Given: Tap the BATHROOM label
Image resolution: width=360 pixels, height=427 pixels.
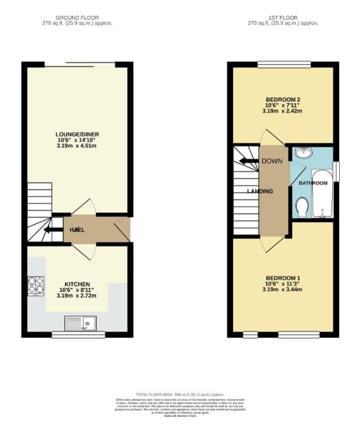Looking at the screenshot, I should (313, 183).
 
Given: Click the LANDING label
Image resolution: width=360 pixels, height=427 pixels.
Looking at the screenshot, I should (260, 191).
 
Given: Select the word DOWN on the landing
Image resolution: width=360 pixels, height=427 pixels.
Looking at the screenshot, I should (272, 160).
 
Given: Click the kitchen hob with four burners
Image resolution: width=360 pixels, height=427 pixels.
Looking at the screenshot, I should (35, 286).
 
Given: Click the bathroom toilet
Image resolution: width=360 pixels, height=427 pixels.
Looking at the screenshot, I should (302, 207).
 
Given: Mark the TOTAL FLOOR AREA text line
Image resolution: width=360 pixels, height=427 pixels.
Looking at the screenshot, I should (180, 394).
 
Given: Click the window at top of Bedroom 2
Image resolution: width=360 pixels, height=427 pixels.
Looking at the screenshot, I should (284, 63).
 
